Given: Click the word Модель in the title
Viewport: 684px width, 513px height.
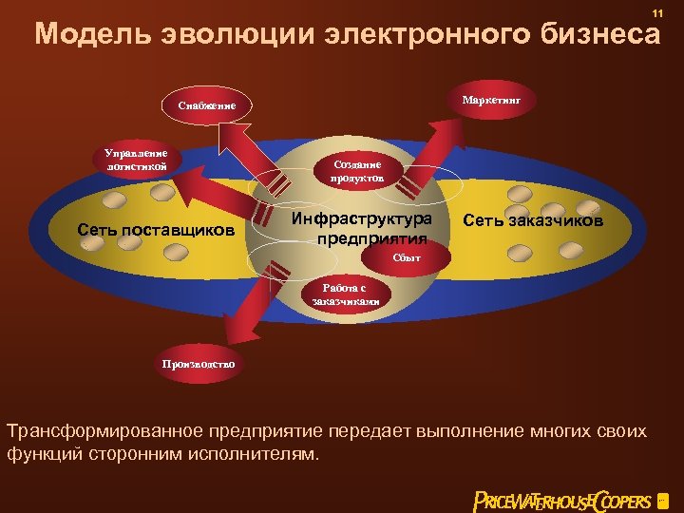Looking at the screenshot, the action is point(84,35).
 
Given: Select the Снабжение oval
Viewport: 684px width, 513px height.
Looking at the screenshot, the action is point(207,104).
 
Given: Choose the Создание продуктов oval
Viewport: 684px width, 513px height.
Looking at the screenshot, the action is point(357,170).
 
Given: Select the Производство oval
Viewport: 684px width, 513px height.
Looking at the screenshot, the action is point(199,363).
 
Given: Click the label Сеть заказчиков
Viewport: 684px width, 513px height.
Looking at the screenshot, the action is point(533,221).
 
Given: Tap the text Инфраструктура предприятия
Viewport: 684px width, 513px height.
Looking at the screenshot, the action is point(361,228).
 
